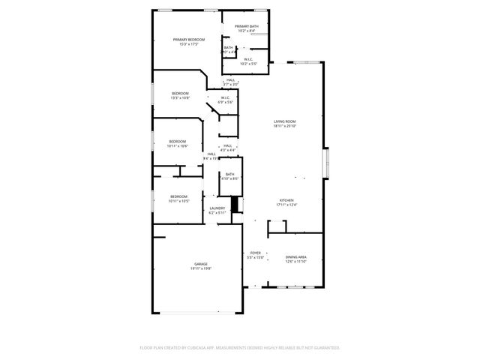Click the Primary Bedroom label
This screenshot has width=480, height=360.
[x=189, y=39]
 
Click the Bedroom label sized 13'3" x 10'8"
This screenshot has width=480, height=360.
[x=180, y=93]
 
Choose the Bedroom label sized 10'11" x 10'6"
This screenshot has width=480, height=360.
[x=177, y=141]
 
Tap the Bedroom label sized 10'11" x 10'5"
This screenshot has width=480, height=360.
[x=178, y=196]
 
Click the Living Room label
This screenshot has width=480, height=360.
[x=284, y=121]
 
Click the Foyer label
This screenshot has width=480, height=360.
[x=256, y=253]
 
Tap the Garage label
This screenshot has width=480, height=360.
[x=201, y=264]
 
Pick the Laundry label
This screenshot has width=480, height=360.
[x=217, y=208]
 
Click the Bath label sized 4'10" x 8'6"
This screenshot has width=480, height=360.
[x=229, y=174]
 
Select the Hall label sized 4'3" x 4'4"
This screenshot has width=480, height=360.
[x=228, y=145]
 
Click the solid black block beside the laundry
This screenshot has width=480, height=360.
[x=235, y=205]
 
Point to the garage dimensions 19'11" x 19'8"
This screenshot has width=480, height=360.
[x=201, y=268]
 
